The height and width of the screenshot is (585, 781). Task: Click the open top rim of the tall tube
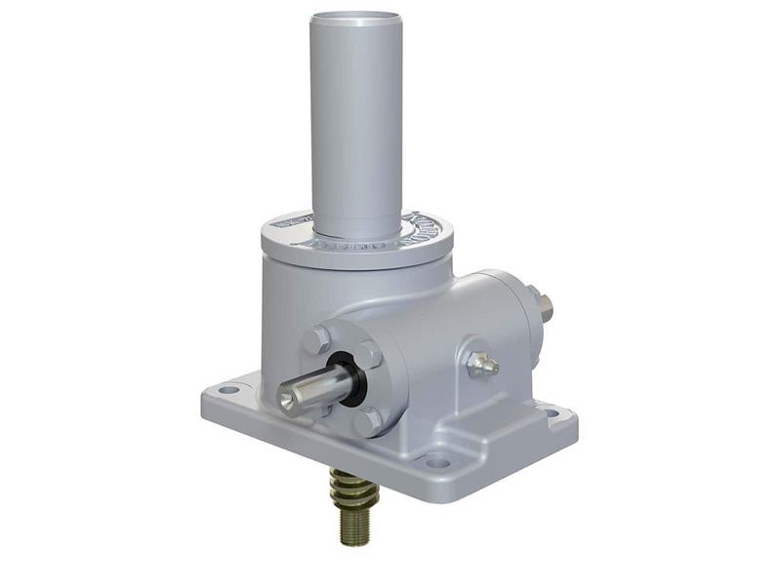click(x=355, y=18)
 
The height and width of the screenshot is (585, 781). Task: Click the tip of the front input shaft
click(x=292, y=395)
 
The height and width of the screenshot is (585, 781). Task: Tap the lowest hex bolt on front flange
click(x=364, y=423)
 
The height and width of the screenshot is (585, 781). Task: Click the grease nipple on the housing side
click(x=481, y=363)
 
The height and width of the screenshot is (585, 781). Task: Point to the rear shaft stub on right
click(x=542, y=305)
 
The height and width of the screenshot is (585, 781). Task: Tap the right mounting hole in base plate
click(x=553, y=413)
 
